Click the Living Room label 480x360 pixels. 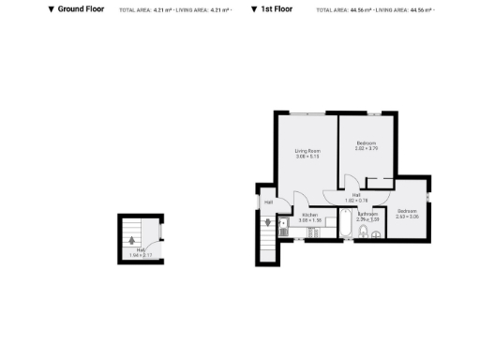click(307, 151)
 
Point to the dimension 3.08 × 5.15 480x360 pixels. click(307, 157)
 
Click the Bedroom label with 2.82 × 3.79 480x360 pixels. click(366, 142)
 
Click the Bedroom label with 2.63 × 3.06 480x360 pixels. click(407, 211)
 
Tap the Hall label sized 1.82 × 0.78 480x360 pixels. click(356, 195)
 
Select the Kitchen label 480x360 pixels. click(310, 215)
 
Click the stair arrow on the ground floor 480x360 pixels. click(132, 238)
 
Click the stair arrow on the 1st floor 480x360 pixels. click(267, 224)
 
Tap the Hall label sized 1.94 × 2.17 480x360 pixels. click(141, 250)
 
